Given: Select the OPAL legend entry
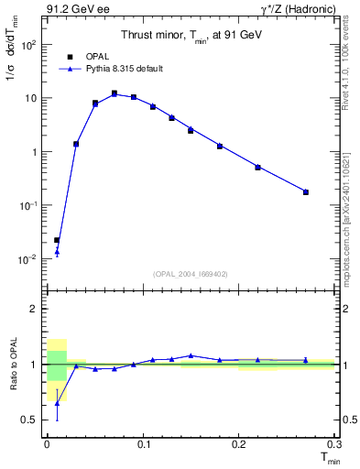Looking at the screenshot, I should click(x=93, y=56).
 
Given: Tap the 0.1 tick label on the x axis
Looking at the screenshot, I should click(x=142, y=443).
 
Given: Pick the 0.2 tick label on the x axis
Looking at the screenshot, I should click(x=238, y=443).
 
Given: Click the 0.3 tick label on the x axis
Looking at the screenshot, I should click(x=333, y=443).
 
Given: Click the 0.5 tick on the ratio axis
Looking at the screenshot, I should click(x=30, y=420).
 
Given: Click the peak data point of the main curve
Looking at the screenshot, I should click(x=114, y=93).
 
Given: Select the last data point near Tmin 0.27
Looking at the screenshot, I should click(x=306, y=192).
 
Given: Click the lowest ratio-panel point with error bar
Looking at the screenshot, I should click(x=57, y=403).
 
